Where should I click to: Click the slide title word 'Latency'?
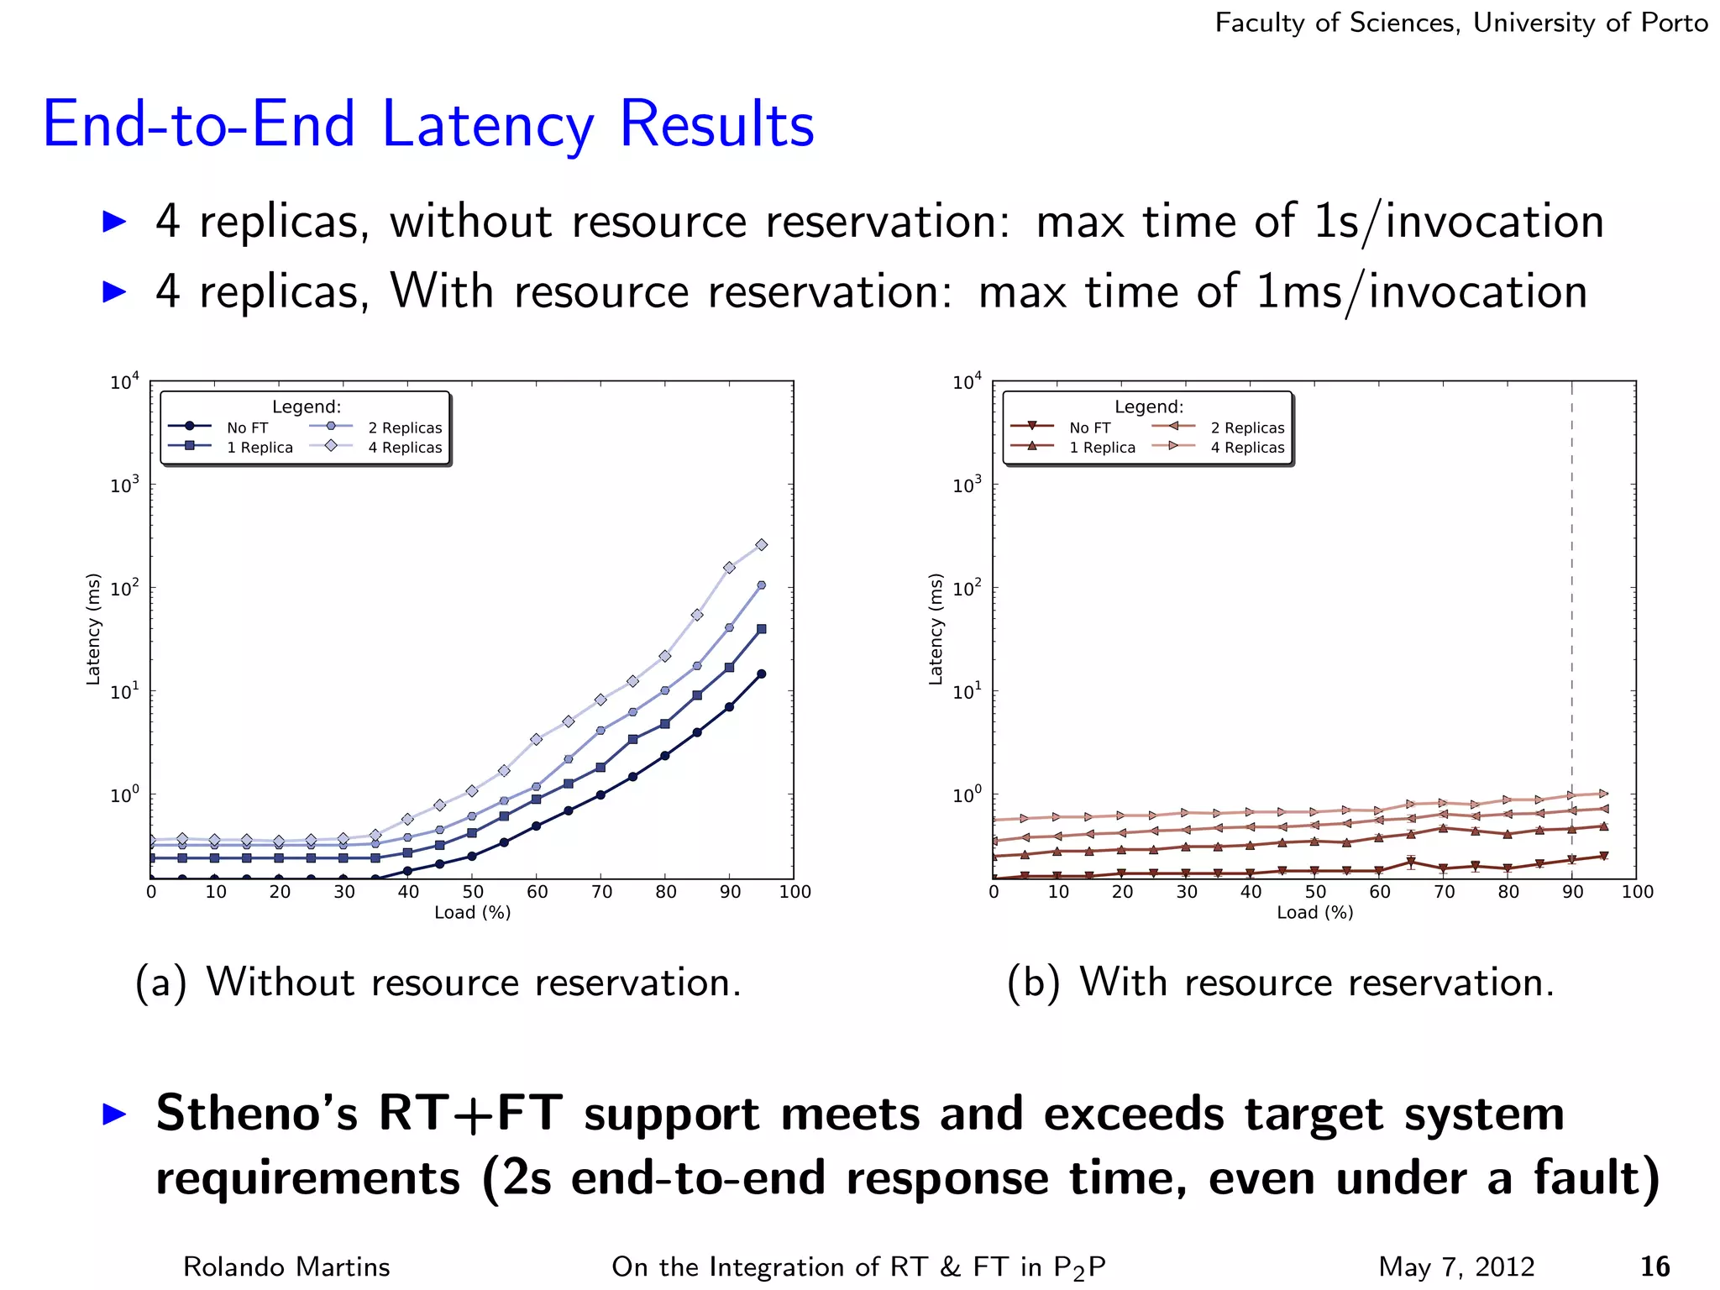[x=488, y=124]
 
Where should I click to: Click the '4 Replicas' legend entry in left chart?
[x=404, y=448]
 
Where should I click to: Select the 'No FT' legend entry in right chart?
[x=1089, y=427]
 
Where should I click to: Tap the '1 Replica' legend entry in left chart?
[x=260, y=448]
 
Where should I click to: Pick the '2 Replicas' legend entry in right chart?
[x=1247, y=427]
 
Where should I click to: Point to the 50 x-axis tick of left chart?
[x=473, y=892]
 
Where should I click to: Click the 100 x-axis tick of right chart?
[x=1637, y=892]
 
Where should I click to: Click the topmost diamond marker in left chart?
[x=761, y=545]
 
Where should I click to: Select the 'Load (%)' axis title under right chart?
[x=1314, y=913]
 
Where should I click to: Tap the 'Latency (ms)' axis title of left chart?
[x=93, y=629]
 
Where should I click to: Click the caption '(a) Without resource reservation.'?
[x=438, y=983]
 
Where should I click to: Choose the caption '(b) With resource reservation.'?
[x=1281, y=983]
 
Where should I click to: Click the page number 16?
[x=1654, y=1266]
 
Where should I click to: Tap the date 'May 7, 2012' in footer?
[x=1456, y=1266]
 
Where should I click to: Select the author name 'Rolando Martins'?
[x=286, y=1266]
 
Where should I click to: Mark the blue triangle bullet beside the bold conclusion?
[x=114, y=1114]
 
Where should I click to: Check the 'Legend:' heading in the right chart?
[x=1148, y=407]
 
